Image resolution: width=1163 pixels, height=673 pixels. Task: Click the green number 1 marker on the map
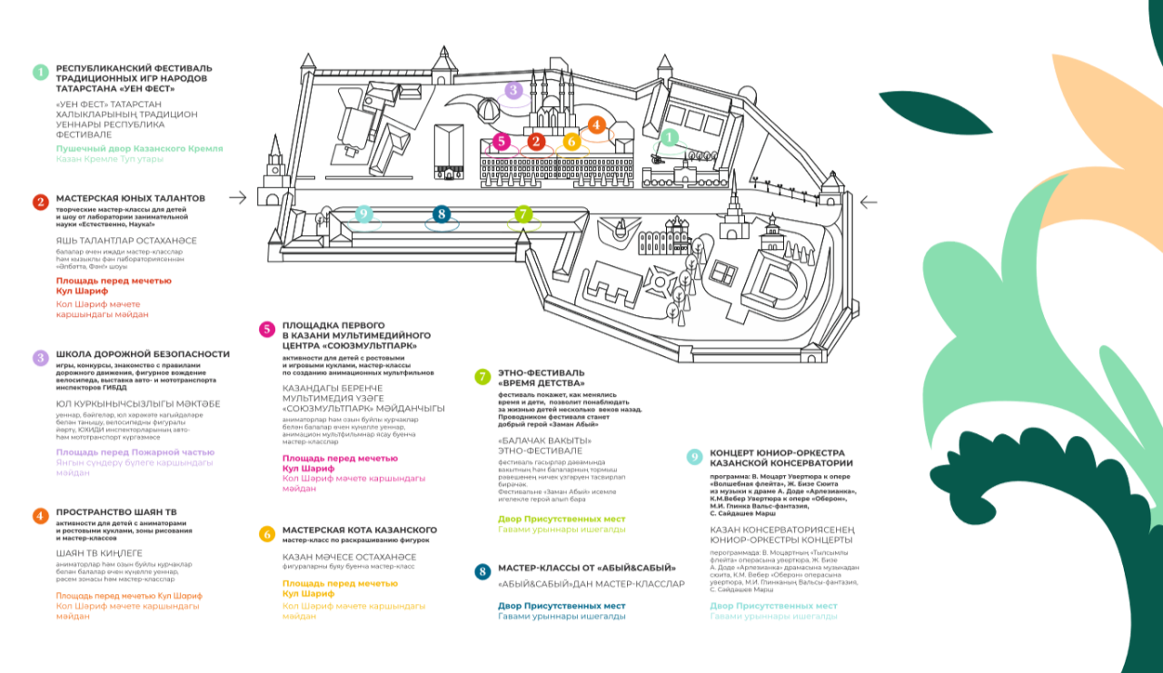click(669, 137)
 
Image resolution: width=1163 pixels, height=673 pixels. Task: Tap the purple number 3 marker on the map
click(513, 90)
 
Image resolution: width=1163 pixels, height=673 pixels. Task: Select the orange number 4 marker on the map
click(597, 125)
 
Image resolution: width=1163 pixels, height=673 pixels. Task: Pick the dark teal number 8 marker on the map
click(442, 214)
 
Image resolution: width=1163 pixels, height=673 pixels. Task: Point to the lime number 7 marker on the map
click(522, 214)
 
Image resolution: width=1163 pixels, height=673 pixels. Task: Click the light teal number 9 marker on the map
click(363, 214)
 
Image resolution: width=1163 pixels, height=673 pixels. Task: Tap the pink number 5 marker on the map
click(501, 142)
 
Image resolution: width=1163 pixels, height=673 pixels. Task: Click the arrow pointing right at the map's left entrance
click(238, 197)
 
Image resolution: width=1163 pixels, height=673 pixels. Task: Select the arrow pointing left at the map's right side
click(869, 202)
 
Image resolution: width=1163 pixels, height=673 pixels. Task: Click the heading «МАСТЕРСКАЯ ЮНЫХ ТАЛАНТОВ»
click(131, 198)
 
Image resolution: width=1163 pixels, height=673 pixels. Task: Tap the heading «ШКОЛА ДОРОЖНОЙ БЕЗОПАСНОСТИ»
click(143, 354)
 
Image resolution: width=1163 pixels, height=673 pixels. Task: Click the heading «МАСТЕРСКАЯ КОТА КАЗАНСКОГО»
click(360, 529)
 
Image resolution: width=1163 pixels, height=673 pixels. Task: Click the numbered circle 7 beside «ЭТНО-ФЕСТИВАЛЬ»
click(483, 377)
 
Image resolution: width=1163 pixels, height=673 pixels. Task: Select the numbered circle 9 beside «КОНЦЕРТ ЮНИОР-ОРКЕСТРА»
click(695, 457)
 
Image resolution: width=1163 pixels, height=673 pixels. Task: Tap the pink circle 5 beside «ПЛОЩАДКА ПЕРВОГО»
click(267, 330)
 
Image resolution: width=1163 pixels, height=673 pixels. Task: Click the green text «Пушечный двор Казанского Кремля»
click(140, 148)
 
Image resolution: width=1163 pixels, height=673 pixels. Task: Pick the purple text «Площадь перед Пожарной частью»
click(135, 452)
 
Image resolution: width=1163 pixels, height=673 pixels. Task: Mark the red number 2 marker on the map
click(536, 142)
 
